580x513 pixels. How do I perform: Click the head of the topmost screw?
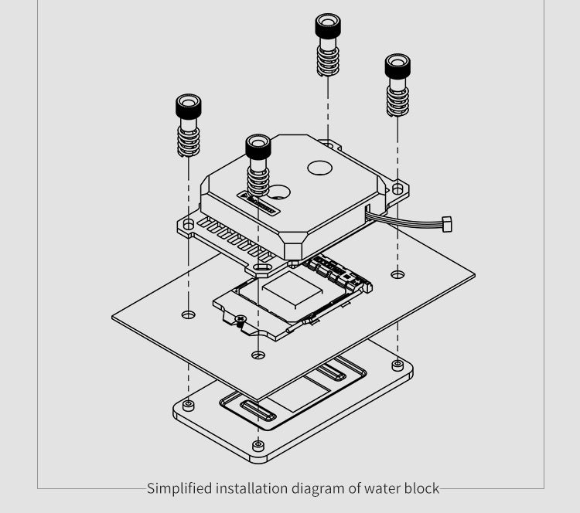coord(328,26)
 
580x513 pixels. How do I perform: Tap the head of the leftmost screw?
coord(189,106)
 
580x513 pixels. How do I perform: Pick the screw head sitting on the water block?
coord(258,146)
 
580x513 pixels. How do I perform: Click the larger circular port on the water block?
coord(320,166)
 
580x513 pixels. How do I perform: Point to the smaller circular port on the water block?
coord(280,191)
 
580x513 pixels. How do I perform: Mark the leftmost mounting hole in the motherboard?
coord(189,314)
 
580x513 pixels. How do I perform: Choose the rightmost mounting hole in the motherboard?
coord(397,274)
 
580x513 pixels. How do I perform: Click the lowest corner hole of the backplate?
coord(258,446)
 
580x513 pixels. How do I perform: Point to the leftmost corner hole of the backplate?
coord(189,405)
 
